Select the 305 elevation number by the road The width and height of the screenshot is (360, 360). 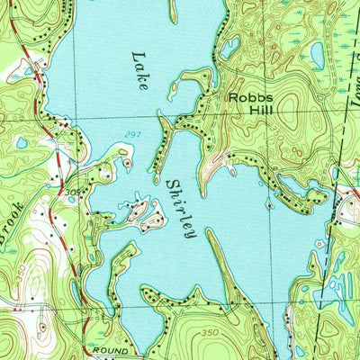[x=69, y=192]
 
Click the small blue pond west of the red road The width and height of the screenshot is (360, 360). [x=21, y=142]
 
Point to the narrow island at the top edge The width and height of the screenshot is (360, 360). [x=174, y=11]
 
